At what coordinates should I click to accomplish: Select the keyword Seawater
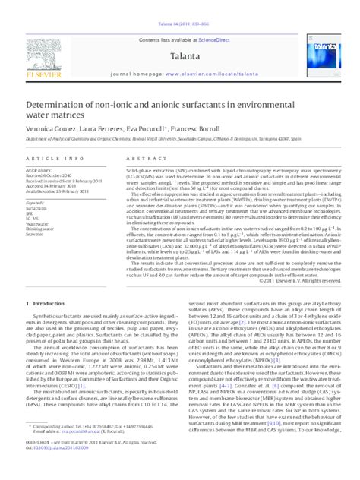36,235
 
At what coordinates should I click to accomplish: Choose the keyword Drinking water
42,229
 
